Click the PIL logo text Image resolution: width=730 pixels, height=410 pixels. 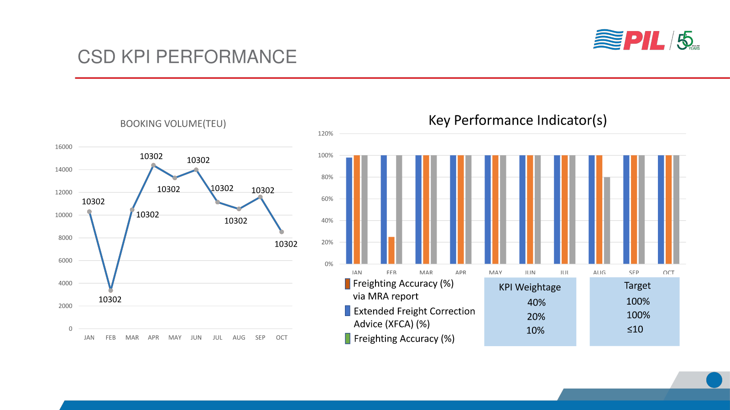coord(644,41)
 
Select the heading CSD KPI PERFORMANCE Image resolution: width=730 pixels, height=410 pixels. coord(187,57)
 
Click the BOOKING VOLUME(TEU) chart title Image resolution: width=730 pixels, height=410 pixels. coord(173,124)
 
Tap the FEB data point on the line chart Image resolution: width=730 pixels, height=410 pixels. coord(110,290)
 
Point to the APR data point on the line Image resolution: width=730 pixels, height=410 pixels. coord(153,165)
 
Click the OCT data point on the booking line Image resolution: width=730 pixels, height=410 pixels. coord(282,232)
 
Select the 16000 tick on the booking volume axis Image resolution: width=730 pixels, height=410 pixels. coord(63,147)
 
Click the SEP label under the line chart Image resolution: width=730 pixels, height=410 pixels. coord(260,337)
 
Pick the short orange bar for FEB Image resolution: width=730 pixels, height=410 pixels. coord(391,250)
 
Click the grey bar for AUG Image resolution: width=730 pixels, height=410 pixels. coord(607,220)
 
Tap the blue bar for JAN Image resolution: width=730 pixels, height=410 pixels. coord(349,210)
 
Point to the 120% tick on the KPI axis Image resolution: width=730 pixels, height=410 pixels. coord(325,134)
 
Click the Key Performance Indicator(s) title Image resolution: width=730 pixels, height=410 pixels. coord(517,120)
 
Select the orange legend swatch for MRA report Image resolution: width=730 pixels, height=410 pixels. coord(348,284)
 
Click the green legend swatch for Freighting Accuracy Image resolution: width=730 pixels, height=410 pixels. coord(348,338)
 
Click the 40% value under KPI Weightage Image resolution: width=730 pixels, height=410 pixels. coord(536,302)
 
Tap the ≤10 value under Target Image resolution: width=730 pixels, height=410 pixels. coord(635,329)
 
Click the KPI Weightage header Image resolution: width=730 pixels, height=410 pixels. coord(530,287)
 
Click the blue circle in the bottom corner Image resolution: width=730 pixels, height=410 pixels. coord(714,380)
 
